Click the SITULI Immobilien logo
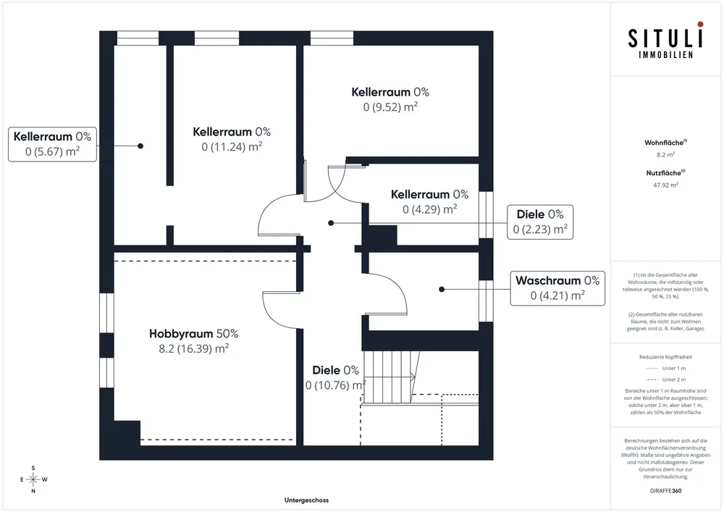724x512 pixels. (x=665, y=40)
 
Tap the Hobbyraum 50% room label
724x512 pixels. (x=194, y=340)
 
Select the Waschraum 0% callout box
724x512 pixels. (x=557, y=288)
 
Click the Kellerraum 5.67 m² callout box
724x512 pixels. (x=52, y=144)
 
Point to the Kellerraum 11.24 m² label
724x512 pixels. (x=232, y=139)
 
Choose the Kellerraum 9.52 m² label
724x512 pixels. (x=390, y=99)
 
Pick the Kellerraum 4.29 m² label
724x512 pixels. (x=430, y=202)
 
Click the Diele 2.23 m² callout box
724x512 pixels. (x=540, y=222)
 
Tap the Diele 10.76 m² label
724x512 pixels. (x=336, y=377)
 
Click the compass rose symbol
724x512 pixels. (x=33, y=479)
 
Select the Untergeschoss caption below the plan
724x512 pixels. (x=306, y=500)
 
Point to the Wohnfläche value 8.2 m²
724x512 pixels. (x=665, y=155)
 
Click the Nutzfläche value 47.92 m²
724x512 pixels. (x=665, y=185)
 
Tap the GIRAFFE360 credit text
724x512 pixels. (x=665, y=491)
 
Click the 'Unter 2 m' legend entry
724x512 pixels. (x=665, y=379)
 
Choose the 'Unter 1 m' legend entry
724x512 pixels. (x=665, y=369)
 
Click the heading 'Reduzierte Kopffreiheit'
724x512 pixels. (x=665, y=357)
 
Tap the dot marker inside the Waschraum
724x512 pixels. (x=442, y=290)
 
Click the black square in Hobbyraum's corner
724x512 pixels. (x=127, y=433)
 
